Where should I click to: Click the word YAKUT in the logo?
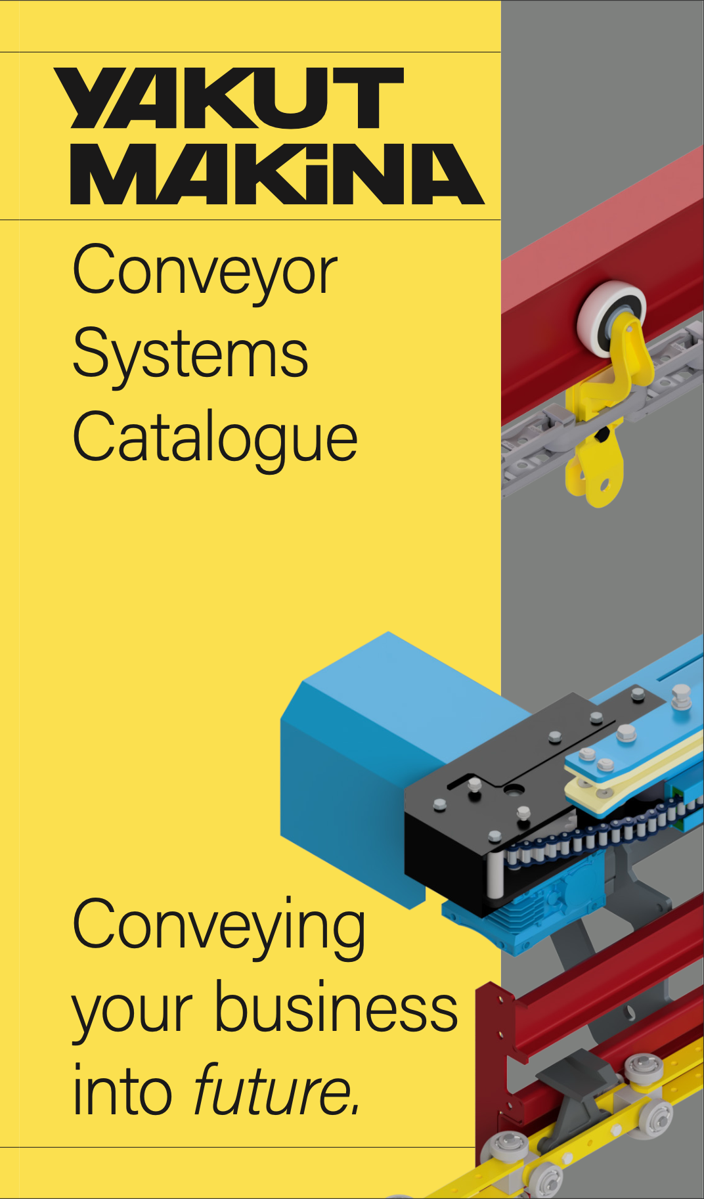coord(229,98)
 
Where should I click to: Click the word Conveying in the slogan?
coord(219,926)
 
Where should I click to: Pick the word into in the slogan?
coord(122,1091)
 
